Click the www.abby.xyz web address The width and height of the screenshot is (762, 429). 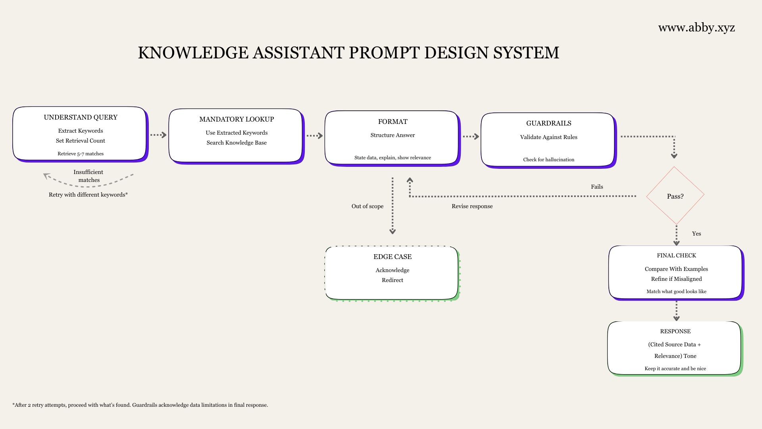(x=697, y=28)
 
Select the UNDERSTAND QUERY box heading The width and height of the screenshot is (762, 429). (x=81, y=117)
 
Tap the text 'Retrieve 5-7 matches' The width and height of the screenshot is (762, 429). (x=81, y=154)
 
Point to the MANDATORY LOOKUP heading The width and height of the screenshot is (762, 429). (x=237, y=119)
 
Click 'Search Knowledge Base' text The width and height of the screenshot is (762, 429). (x=237, y=143)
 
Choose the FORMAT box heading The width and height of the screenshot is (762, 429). (x=393, y=122)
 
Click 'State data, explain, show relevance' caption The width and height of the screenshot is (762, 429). (x=393, y=158)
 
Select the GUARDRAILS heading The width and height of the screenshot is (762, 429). (x=548, y=123)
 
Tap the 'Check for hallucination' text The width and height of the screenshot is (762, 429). (x=548, y=160)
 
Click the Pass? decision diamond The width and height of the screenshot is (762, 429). (x=675, y=196)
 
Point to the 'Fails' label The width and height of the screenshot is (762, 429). (x=597, y=187)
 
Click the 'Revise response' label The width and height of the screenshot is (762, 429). (x=472, y=206)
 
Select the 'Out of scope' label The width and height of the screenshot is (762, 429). (x=368, y=206)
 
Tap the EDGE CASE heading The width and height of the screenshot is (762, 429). (x=393, y=257)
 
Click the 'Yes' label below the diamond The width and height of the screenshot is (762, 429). (x=697, y=234)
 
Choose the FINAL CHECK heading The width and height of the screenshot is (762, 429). (x=676, y=255)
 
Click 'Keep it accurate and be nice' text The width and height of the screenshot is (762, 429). (x=675, y=369)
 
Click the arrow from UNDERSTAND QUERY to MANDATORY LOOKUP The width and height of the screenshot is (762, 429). (x=158, y=135)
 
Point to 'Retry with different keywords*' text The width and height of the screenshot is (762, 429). (x=88, y=195)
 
